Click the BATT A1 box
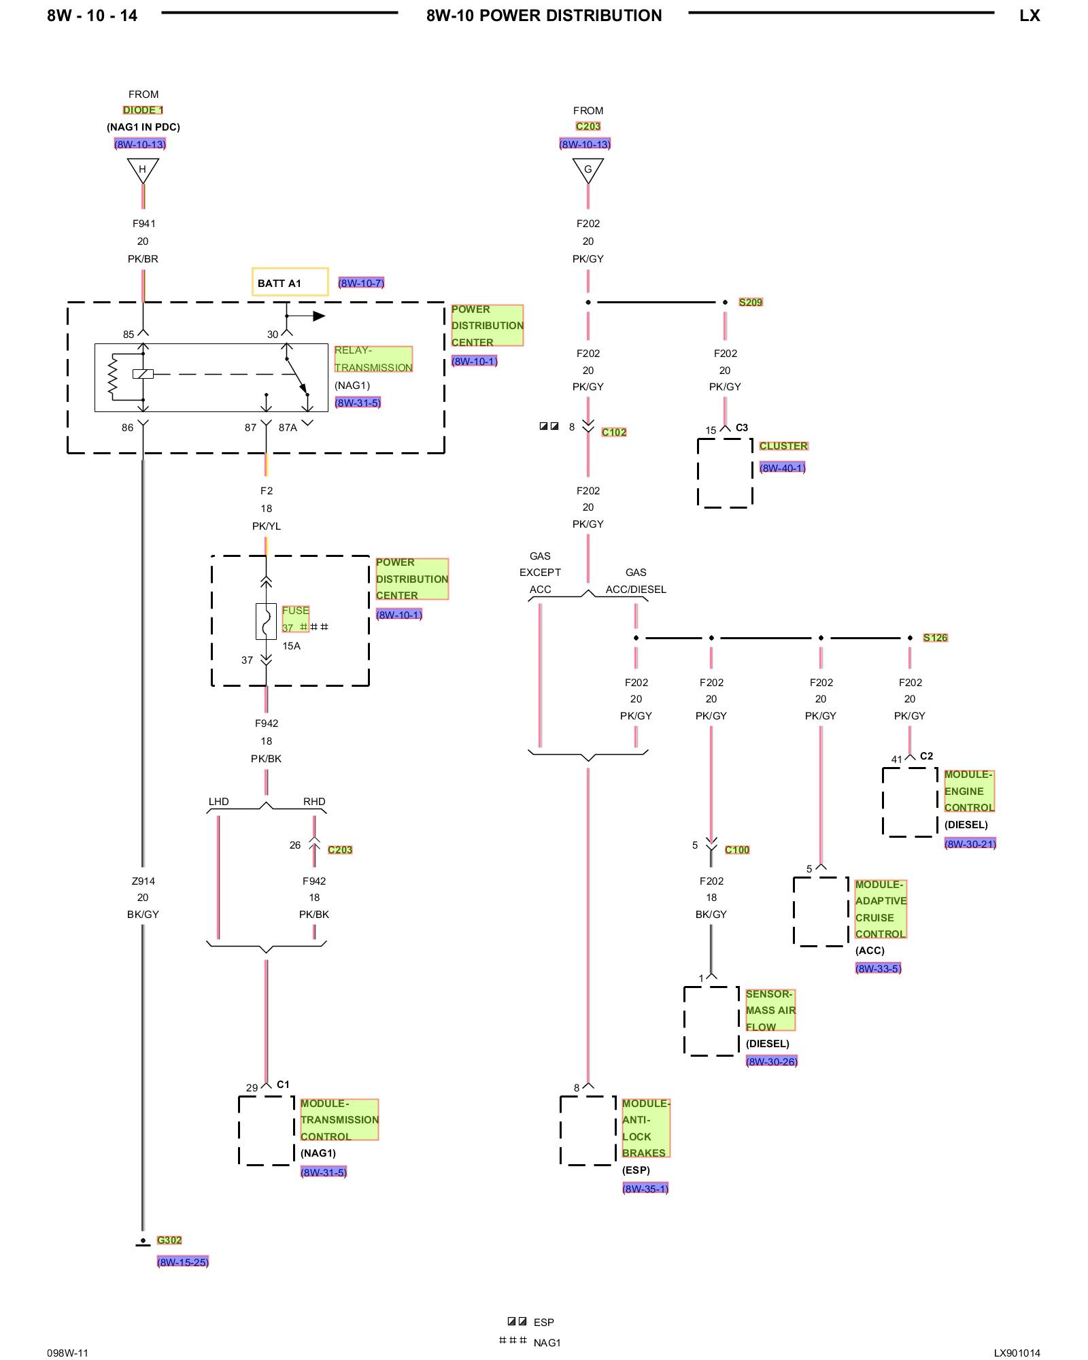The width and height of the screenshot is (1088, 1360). click(290, 282)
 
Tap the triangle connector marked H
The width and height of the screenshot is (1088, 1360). click(143, 169)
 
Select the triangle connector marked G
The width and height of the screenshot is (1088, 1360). click(588, 169)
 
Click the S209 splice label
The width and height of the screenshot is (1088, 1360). click(751, 302)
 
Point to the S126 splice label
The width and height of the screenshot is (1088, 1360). click(935, 637)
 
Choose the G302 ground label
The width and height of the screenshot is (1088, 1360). click(169, 1240)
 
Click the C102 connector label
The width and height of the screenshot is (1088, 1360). click(614, 432)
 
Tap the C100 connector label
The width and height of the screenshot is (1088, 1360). click(737, 849)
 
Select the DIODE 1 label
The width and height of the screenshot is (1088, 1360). click(143, 110)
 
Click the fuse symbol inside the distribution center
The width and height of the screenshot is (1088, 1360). click(266, 621)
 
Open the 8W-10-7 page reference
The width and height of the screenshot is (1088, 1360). click(361, 283)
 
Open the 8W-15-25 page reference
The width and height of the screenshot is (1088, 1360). click(183, 1261)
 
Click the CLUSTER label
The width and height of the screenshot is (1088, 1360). click(783, 445)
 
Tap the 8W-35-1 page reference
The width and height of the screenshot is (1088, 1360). click(645, 1188)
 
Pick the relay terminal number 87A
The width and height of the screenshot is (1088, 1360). click(288, 428)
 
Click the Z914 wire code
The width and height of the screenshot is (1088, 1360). click(143, 881)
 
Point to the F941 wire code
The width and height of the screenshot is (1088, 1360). click(143, 223)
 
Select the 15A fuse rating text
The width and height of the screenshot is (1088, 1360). click(291, 645)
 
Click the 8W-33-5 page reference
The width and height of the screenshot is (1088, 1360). click(878, 968)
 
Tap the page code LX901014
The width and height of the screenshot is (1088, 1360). click(1017, 1353)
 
